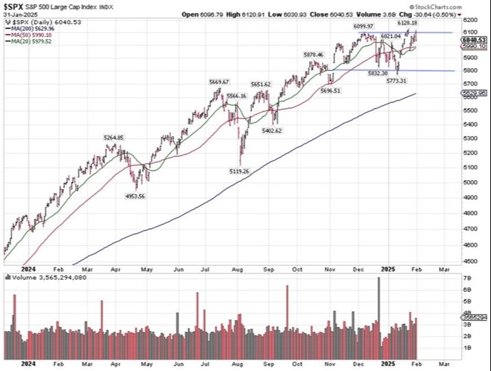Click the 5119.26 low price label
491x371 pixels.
click(x=237, y=171)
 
